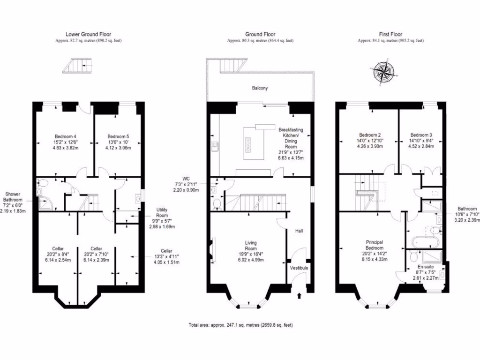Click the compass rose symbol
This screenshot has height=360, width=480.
click(x=383, y=72)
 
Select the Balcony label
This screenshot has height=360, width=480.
click(x=260, y=88)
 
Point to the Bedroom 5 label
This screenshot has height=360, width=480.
click(x=118, y=137)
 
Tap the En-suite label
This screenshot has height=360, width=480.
click(x=426, y=265)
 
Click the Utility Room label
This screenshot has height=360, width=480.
click(x=163, y=212)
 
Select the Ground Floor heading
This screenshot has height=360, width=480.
click(x=260, y=34)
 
